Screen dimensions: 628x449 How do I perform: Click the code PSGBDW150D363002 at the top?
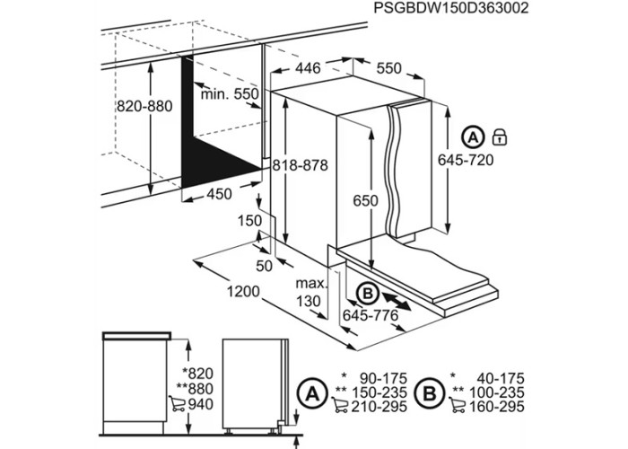tap(451, 7)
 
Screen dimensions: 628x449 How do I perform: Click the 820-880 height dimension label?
tap(144, 106)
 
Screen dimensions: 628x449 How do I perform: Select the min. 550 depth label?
tap(230, 94)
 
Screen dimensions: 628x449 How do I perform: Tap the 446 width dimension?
tap(308, 68)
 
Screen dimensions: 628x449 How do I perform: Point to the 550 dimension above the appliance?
tap(388, 68)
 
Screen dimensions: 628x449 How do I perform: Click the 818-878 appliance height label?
tap(301, 165)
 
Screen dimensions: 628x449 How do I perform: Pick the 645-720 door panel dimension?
tap(466, 160)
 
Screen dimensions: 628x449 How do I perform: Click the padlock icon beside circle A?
tap(500, 137)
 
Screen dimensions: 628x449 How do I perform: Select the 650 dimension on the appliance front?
tap(365, 200)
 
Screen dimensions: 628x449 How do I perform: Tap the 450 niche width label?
tap(219, 194)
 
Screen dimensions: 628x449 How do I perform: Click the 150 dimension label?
tap(250, 221)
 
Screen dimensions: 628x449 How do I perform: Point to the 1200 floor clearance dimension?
tap(243, 292)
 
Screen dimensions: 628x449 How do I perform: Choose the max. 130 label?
tap(311, 292)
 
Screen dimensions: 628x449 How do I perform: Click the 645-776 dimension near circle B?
tap(371, 315)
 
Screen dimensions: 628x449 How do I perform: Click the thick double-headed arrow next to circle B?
tap(397, 301)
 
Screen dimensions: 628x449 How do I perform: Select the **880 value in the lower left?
tap(195, 389)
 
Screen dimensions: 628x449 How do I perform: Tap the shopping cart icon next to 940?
tap(177, 404)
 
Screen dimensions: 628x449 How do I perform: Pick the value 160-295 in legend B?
tap(496, 407)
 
